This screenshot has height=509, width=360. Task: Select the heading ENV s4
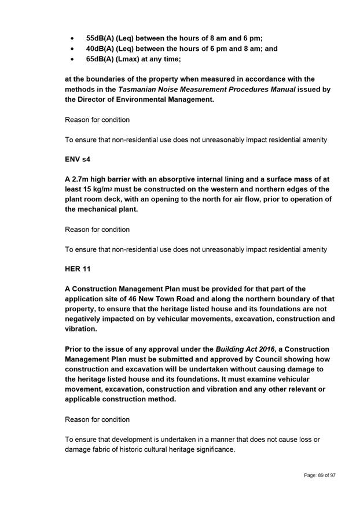pyautogui.click(x=78, y=159)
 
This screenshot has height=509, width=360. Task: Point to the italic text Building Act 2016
pyautogui.click(x=245, y=349)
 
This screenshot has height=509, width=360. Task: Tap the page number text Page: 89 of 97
pyautogui.click(x=319, y=475)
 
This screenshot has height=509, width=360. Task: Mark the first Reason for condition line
pyautogui.click(x=97, y=120)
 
